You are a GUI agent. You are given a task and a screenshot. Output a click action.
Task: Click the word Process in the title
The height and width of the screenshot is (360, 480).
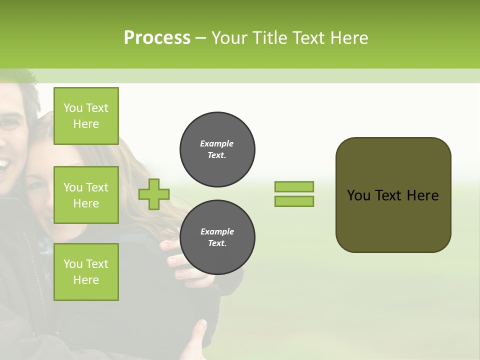click(x=157, y=38)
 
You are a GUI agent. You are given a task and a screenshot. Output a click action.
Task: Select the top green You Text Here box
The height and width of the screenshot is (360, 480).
click(x=86, y=116)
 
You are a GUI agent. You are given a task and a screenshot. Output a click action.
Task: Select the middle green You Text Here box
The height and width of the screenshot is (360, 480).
click(x=86, y=195)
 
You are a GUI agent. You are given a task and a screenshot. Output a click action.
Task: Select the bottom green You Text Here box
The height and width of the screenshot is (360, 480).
click(x=86, y=271)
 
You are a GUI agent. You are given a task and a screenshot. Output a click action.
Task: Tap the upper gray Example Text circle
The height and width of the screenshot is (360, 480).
click(x=217, y=149)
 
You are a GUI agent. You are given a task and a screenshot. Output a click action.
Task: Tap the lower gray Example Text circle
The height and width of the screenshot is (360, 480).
click(x=217, y=237)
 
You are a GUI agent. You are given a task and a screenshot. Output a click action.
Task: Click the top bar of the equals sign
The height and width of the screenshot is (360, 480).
click(x=294, y=186)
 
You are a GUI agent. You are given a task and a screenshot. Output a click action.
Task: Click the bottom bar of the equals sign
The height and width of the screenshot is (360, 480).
click(x=294, y=201)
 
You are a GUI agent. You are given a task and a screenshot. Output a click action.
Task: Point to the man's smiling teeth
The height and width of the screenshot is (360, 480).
click(x=4, y=163)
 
